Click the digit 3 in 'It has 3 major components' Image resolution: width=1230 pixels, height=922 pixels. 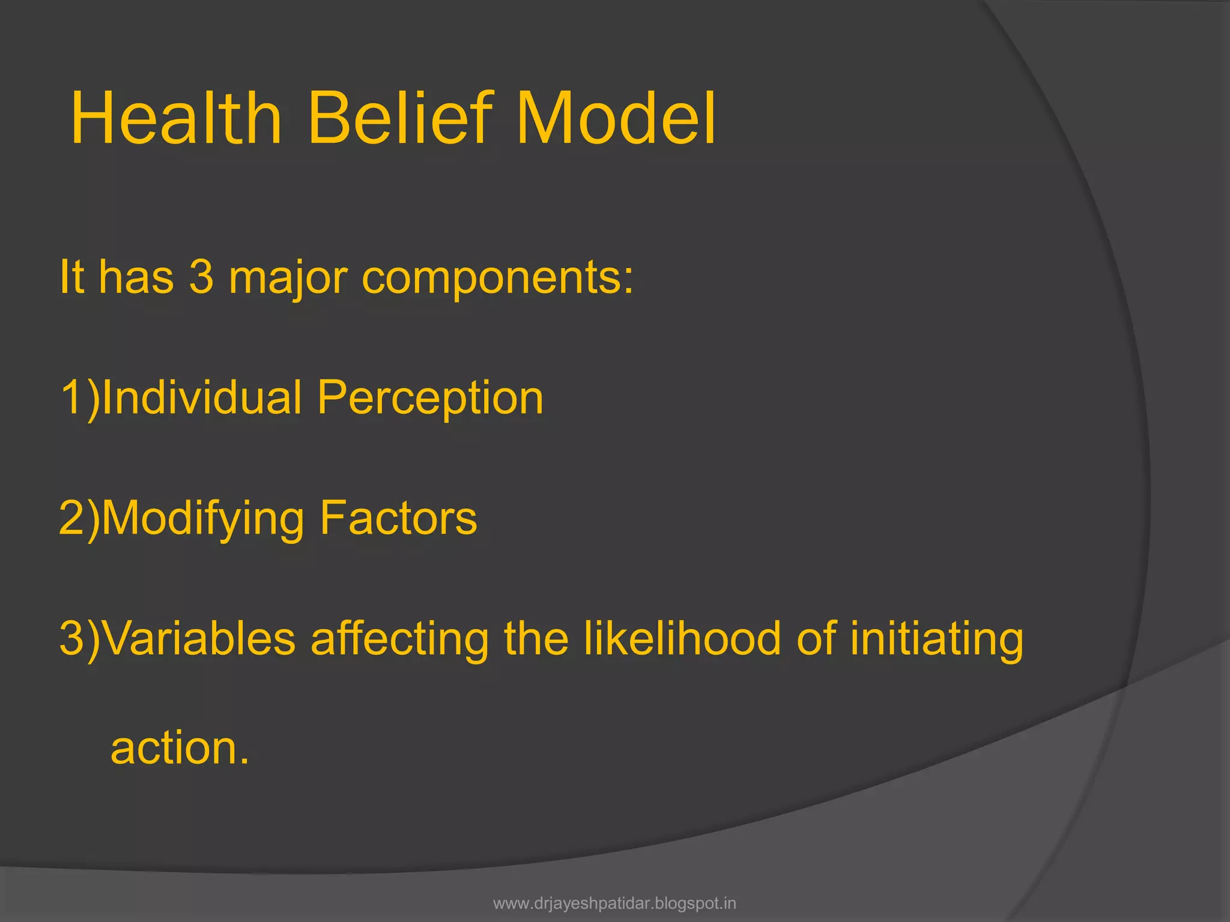201,277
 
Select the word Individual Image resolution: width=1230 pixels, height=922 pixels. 202,397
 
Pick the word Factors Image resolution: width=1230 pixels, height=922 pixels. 398,518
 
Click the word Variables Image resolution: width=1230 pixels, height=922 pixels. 200,638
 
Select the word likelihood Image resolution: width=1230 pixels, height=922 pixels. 683,638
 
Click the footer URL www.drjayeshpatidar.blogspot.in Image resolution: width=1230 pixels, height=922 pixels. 614,903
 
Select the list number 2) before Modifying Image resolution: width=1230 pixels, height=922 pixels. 79,519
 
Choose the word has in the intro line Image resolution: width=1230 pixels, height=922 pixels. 136,277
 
